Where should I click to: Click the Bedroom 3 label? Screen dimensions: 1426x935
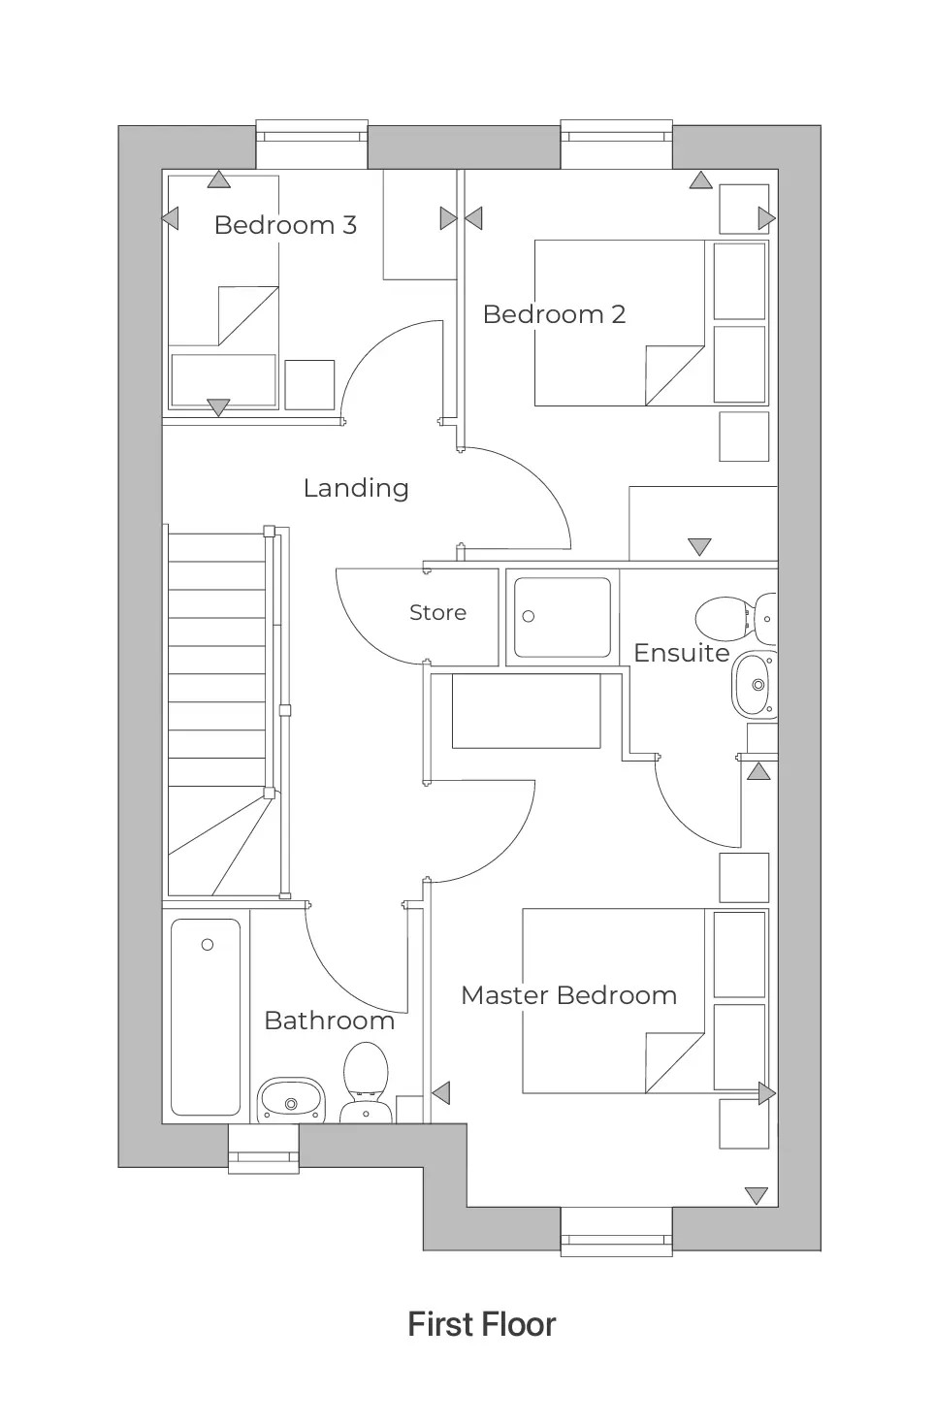tap(285, 225)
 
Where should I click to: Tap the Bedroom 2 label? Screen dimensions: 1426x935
tap(554, 314)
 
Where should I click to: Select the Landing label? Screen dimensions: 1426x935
tap(356, 488)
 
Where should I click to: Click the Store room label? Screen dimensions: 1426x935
tap(437, 613)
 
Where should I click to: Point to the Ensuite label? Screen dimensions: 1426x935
tap(681, 653)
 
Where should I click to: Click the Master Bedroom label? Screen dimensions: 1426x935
tap(568, 995)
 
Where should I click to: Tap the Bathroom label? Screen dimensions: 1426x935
tap(329, 1021)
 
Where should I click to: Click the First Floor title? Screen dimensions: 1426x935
tap(482, 1325)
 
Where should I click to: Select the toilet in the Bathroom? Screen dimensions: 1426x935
tap(366, 1082)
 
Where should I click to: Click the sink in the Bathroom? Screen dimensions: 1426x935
tap(290, 1100)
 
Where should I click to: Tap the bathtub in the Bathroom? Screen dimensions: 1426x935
tap(206, 1017)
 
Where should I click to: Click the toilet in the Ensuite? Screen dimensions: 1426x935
tap(727, 616)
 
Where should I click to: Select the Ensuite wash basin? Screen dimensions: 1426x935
tap(755, 685)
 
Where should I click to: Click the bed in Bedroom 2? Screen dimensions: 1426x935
tap(619, 323)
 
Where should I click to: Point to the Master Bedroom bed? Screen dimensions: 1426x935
tap(613, 1000)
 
